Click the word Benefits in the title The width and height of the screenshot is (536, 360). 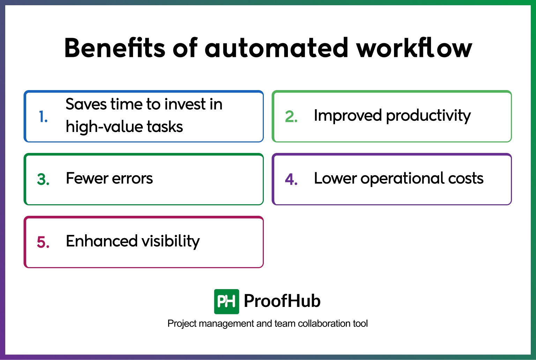point(114,48)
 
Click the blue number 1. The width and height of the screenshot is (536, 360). point(43,117)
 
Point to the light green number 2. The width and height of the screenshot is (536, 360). point(291,117)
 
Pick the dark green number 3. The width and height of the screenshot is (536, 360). point(43,179)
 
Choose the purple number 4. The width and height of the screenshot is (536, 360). point(291,179)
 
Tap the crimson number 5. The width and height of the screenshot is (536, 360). point(43,242)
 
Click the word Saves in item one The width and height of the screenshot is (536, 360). point(86,104)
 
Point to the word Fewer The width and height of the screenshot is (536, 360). point(87,178)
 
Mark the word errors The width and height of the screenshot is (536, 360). point(132,178)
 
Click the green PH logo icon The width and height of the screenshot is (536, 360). point(226,301)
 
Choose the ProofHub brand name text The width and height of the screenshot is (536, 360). point(282,301)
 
